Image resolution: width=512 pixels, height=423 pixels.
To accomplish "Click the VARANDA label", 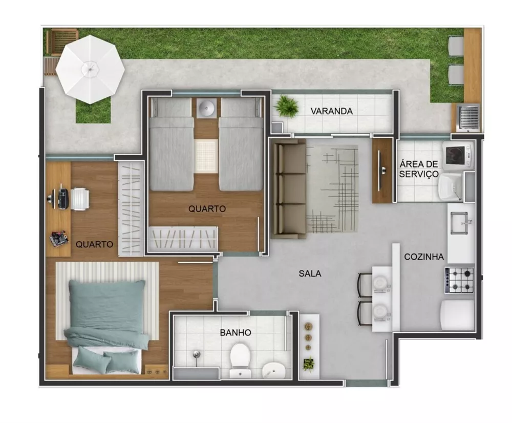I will click(332, 111).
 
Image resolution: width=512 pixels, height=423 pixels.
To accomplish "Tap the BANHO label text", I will click(236, 332).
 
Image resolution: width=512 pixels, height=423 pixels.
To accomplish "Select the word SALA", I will click(310, 273).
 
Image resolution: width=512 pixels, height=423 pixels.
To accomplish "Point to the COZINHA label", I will click(423, 257).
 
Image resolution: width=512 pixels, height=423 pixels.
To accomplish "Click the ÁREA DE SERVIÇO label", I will click(419, 169).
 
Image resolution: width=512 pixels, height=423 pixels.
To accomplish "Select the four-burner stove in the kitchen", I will click(459, 280).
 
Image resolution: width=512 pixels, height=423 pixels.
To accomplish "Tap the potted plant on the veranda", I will click(287, 107).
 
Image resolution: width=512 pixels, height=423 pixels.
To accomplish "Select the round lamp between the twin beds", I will click(207, 108).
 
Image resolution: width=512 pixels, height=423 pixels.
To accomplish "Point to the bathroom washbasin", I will click(275, 369).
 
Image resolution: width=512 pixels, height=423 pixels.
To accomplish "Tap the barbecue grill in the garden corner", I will click(467, 117).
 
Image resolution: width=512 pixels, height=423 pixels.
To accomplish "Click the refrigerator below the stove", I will click(457, 314).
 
